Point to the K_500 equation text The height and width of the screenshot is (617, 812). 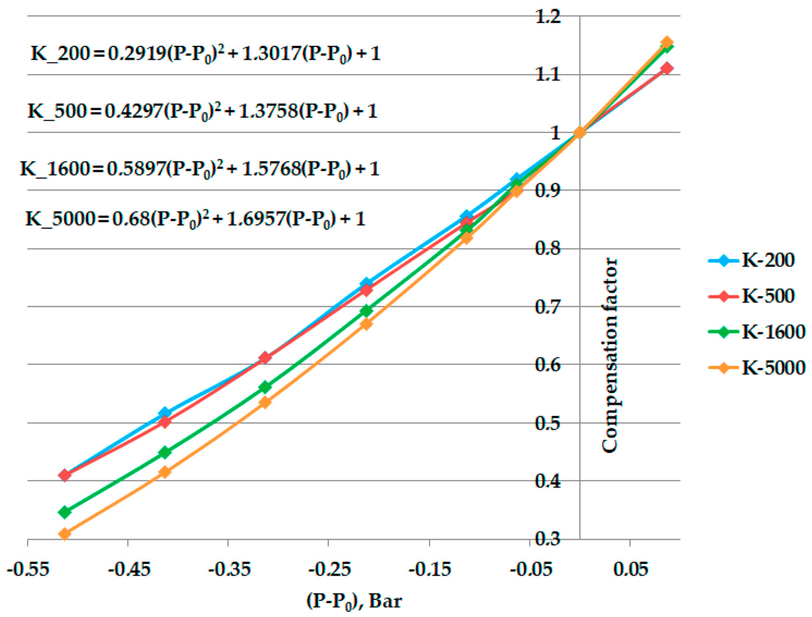tap(203, 111)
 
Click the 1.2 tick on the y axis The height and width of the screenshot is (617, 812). tap(548, 17)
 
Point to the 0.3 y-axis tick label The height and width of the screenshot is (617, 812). tap(548, 539)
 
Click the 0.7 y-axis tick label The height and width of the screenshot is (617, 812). tap(548, 307)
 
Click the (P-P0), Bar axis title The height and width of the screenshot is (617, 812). tap(354, 602)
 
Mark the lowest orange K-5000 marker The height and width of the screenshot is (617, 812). tap(65, 534)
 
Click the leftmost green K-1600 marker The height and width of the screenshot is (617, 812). tap(65, 512)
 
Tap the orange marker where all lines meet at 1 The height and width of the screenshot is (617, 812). tap(579, 132)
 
